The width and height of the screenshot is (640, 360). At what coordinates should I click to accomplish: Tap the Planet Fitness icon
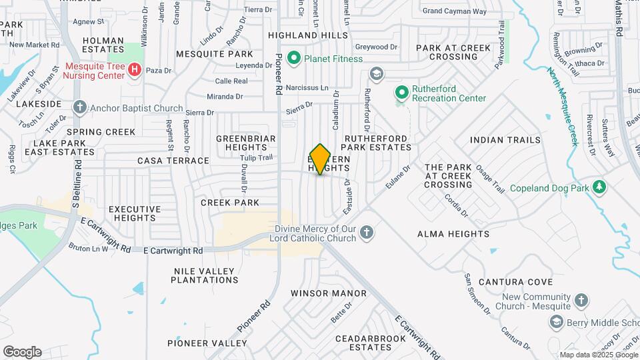tap(294, 59)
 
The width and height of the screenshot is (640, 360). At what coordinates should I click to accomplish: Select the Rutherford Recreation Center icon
tap(402, 92)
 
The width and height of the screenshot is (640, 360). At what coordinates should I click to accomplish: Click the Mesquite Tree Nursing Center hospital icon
tap(135, 69)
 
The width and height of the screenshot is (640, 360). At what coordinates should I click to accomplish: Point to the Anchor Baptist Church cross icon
tap(80, 108)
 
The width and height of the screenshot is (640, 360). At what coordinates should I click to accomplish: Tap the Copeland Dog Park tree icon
tap(599, 187)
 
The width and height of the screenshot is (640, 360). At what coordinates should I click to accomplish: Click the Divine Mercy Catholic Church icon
tap(366, 233)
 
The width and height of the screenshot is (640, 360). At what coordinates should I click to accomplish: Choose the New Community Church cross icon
tap(581, 301)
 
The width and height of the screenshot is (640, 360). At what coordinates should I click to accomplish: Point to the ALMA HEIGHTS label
tap(453, 234)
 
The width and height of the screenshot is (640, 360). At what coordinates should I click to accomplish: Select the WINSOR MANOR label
tap(329, 293)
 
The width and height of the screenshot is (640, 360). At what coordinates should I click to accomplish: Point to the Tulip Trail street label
tap(257, 158)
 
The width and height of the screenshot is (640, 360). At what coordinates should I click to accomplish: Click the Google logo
tap(22, 352)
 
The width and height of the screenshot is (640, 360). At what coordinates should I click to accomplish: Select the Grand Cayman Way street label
tap(455, 11)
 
